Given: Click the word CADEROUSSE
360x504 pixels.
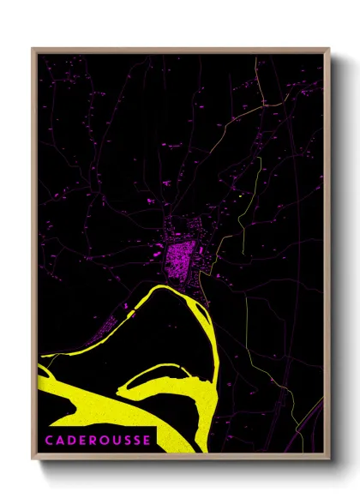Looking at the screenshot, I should [98, 440].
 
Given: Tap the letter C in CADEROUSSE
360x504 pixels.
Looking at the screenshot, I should [48, 440].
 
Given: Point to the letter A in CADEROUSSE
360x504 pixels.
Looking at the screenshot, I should [59, 440].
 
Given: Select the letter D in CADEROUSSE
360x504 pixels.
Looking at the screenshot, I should [70, 440].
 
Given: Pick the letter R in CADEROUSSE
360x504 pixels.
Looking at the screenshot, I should [93, 440].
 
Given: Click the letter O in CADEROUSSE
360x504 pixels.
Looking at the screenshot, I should [104, 440].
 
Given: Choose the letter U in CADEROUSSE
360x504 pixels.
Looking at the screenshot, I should [116, 440].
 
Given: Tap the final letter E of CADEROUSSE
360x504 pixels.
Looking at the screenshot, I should [147, 440].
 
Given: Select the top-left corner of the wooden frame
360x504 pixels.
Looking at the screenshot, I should [33, 50].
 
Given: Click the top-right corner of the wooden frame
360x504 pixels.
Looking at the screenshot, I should [328, 50].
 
